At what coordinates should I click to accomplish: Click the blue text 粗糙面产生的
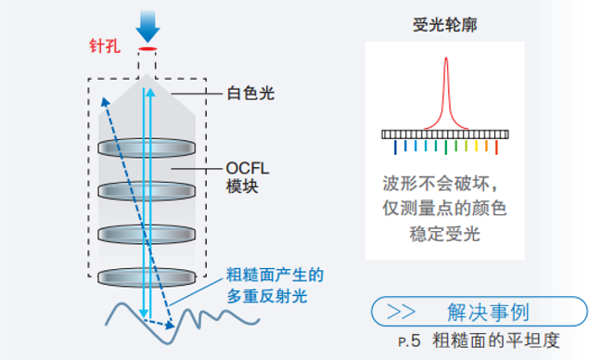click(x=275, y=276)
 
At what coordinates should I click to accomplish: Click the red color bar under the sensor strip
click(x=497, y=147)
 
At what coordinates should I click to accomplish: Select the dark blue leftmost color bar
click(x=396, y=147)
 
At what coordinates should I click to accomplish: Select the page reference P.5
click(x=409, y=341)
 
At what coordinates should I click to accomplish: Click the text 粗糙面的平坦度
click(x=496, y=340)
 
